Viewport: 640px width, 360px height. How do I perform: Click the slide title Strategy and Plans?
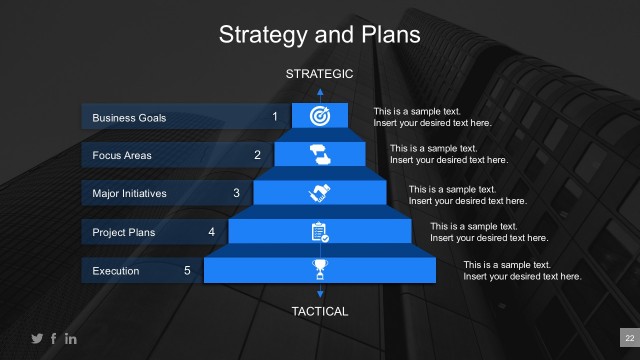coord(320,35)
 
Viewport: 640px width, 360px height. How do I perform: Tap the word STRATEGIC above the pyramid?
coord(320,73)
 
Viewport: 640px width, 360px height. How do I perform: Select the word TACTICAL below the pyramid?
coord(320,311)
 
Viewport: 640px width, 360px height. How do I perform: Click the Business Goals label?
coord(129,118)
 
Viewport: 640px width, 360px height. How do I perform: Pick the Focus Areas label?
coord(121,155)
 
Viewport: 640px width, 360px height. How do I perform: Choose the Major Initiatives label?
coord(129,193)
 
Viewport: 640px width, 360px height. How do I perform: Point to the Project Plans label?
coord(124,232)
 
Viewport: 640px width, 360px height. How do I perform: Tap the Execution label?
coord(116,271)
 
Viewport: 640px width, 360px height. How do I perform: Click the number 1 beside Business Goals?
coord(275,117)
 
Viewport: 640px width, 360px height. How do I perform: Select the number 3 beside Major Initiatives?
coord(236,193)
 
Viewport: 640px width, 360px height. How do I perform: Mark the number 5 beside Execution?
coord(187,270)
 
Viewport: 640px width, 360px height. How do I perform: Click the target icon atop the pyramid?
coord(320,115)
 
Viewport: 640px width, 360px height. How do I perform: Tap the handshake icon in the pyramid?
coord(320,192)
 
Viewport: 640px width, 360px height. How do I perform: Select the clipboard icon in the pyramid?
coord(320,232)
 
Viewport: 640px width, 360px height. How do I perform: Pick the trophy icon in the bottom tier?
coord(320,269)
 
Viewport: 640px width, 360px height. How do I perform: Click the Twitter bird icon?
coord(37,339)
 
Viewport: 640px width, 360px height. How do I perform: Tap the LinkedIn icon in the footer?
coord(71,339)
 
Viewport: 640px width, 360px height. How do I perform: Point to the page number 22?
coord(629,339)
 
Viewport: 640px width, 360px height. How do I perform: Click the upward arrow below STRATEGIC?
coord(320,92)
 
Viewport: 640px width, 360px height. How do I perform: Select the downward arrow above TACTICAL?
coord(320,292)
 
